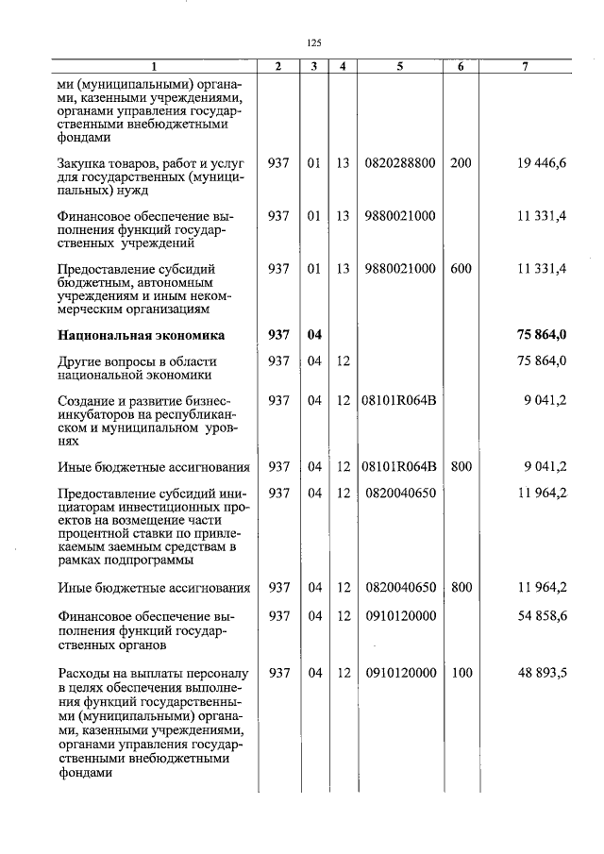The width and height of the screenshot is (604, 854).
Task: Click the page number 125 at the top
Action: point(315,42)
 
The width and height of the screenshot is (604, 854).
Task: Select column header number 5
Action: point(399,67)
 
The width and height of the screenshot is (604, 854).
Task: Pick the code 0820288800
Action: point(399,163)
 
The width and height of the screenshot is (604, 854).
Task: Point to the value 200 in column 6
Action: point(461,163)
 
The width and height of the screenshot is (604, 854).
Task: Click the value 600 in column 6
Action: point(461,269)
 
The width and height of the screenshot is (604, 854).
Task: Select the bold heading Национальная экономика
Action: point(141,335)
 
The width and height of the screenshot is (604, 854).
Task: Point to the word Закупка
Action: point(87,163)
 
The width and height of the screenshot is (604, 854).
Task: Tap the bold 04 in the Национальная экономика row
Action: point(314,335)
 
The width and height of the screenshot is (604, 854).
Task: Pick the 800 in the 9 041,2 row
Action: point(461,466)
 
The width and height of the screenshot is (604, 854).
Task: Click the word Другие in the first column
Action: point(83,361)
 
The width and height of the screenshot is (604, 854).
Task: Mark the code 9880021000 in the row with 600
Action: point(399,269)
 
